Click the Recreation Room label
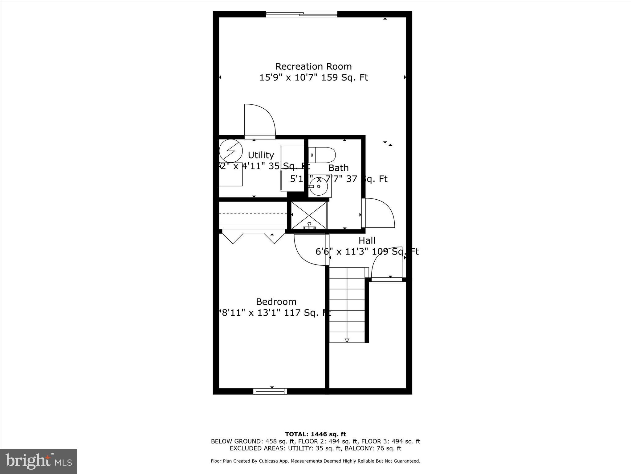pyautogui.click(x=313, y=66)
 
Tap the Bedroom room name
pyautogui.click(x=276, y=301)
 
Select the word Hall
pyautogui.click(x=367, y=240)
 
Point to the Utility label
pyautogui.click(x=261, y=155)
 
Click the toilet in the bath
pyautogui.click(x=322, y=155)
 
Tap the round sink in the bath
pyautogui.click(x=319, y=186)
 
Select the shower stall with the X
pyautogui.click(x=309, y=215)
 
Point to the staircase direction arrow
pyautogui.click(x=347, y=340)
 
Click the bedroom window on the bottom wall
pyautogui.click(x=270, y=391)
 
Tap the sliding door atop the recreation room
pyautogui.click(x=302, y=14)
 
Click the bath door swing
pyautogui.click(x=378, y=213)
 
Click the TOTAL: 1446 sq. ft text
pyautogui.click(x=315, y=434)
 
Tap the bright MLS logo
pyautogui.click(x=39, y=461)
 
